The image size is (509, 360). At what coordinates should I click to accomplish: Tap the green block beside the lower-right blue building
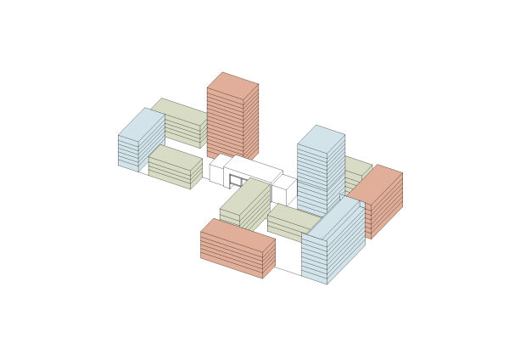coord(293,218)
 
